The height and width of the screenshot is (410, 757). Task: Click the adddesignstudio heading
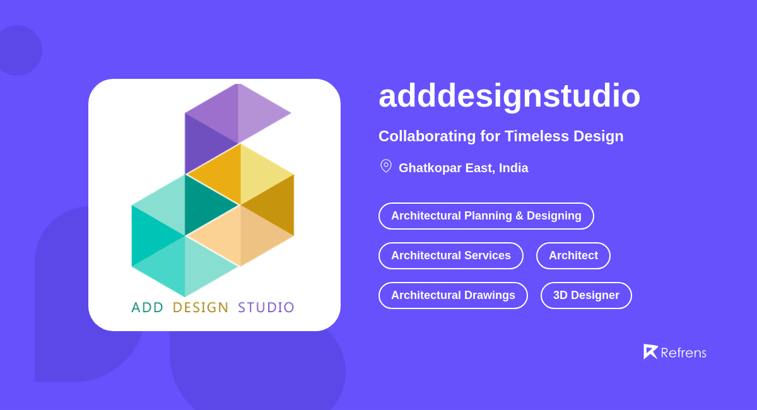click(509, 96)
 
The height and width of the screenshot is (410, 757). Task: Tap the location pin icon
click(386, 166)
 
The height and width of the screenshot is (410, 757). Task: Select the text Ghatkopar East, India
click(463, 168)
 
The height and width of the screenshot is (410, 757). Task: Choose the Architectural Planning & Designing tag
click(486, 216)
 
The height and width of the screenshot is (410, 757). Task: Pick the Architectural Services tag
click(450, 255)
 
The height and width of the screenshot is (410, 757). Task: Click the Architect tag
click(573, 255)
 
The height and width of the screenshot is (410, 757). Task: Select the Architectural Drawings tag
click(453, 295)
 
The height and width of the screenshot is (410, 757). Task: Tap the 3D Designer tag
click(586, 295)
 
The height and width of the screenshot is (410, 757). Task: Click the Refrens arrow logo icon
click(650, 351)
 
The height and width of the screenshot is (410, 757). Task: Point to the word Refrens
click(683, 353)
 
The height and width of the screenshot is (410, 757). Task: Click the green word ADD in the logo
click(148, 308)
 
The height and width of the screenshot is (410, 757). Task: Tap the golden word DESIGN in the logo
click(201, 308)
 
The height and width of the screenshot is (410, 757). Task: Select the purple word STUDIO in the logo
click(266, 308)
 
